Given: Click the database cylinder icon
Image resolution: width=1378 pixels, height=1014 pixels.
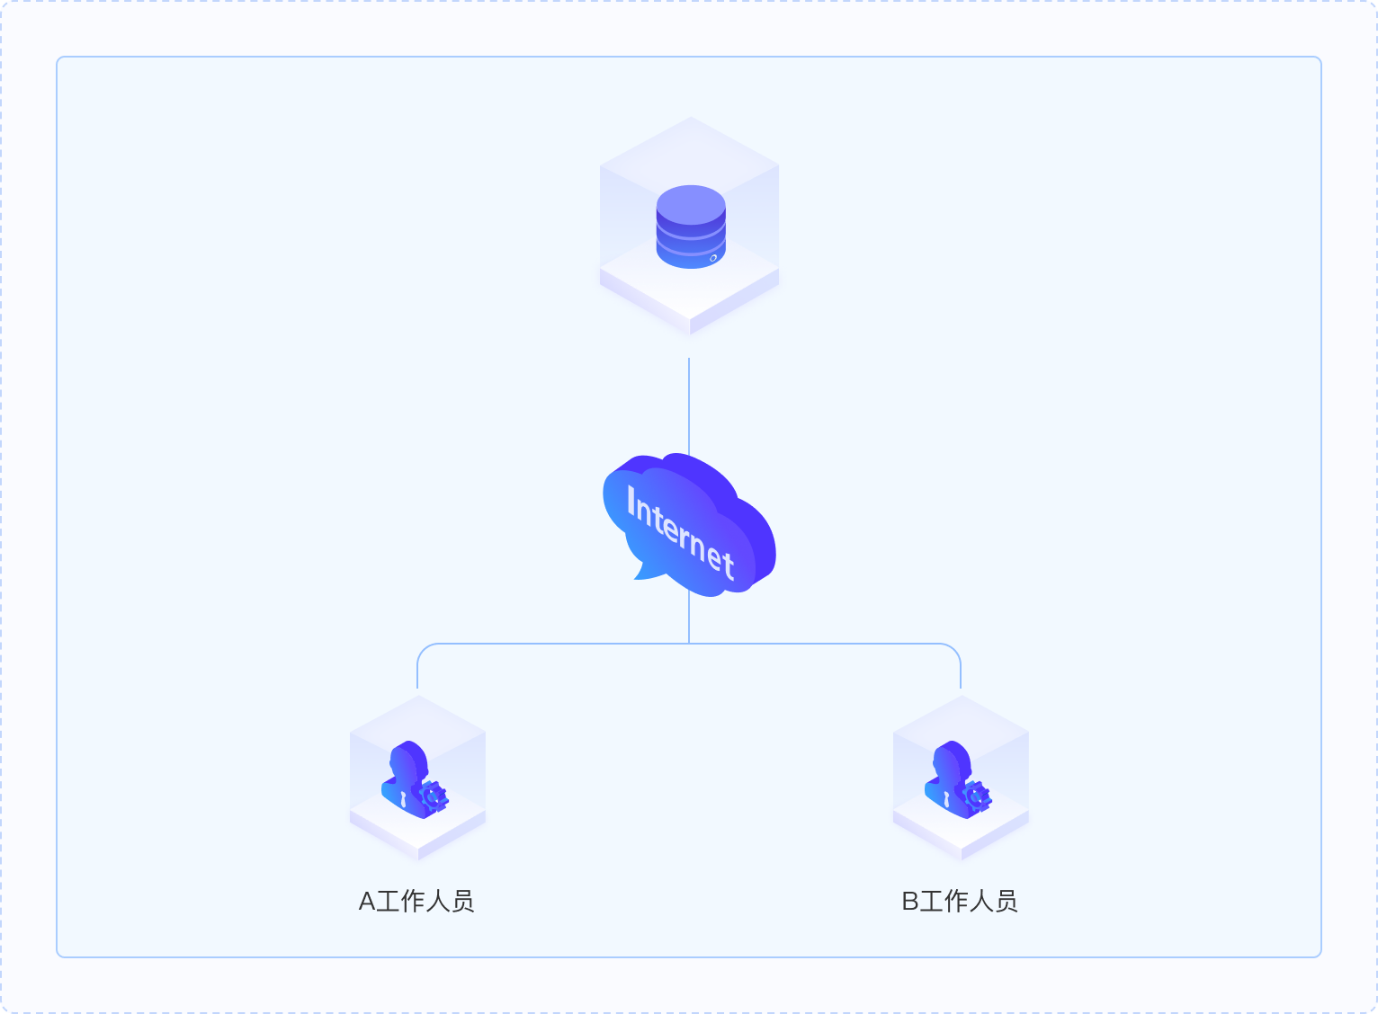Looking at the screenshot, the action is (x=691, y=227).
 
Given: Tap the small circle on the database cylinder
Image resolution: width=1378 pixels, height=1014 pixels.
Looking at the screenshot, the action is (x=713, y=258).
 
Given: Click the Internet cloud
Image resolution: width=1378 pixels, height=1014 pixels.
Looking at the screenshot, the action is (x=689, y=524).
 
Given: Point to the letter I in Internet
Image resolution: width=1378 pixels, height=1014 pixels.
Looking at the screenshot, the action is (x=631, y=500).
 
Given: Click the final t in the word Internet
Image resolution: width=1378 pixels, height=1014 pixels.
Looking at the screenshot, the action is (x=729, y=563).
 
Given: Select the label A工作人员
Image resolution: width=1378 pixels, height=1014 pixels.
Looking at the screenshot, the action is (x=416, y=902).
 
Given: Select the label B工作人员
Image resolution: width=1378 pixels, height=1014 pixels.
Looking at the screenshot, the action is (x=960, y=902).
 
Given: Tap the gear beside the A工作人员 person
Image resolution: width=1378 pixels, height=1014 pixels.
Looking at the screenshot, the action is (x=434, y=797).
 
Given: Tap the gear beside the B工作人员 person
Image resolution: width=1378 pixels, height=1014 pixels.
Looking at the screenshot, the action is (x=977, y=797).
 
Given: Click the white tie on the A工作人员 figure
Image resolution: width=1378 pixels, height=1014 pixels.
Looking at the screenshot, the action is (x=404, y=799).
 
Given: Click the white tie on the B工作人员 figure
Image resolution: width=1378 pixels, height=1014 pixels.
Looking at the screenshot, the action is (x=947, y=799).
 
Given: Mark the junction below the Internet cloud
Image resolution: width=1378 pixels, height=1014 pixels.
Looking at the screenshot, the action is (x=689, y=644).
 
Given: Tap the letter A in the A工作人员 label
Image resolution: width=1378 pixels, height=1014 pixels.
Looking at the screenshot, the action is (x=367, y=903).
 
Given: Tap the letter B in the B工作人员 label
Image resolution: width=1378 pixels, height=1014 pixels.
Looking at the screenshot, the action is (x=910, y=903).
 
